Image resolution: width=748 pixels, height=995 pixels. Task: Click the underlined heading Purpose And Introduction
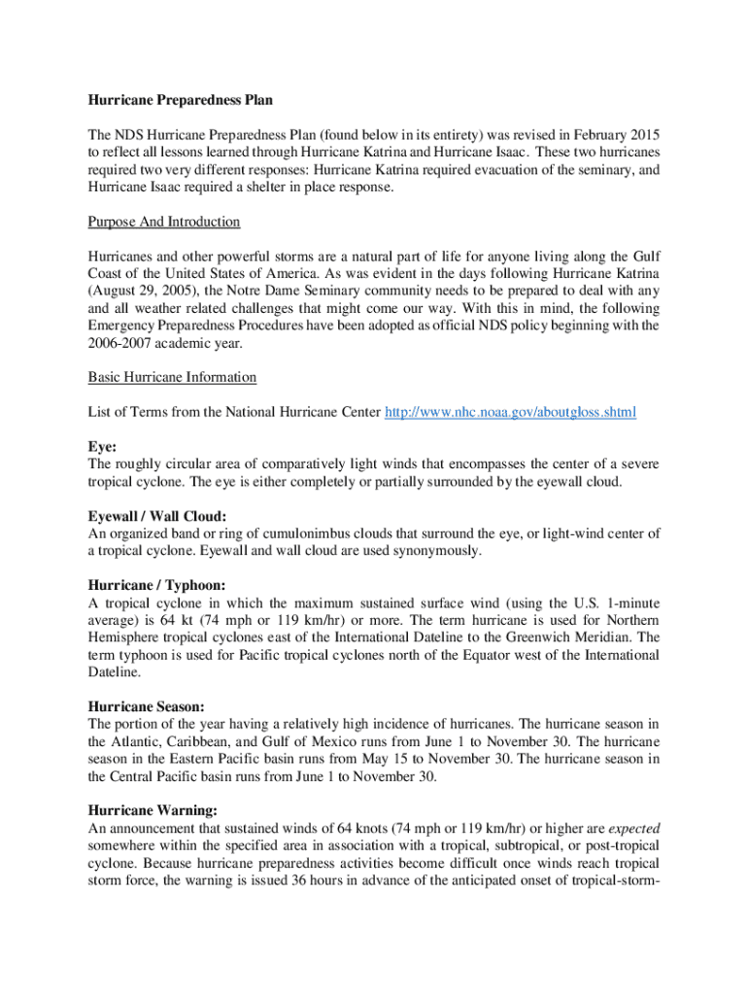coord(164,222)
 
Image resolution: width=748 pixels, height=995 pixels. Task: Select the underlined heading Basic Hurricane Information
coord(172,377)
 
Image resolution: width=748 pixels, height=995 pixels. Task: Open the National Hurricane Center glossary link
coord(511,412)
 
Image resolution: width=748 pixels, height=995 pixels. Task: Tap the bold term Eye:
coord(102,447)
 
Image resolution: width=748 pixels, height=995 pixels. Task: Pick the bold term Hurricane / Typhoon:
coord(156,585)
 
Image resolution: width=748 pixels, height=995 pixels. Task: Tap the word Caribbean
coord(190,741)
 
